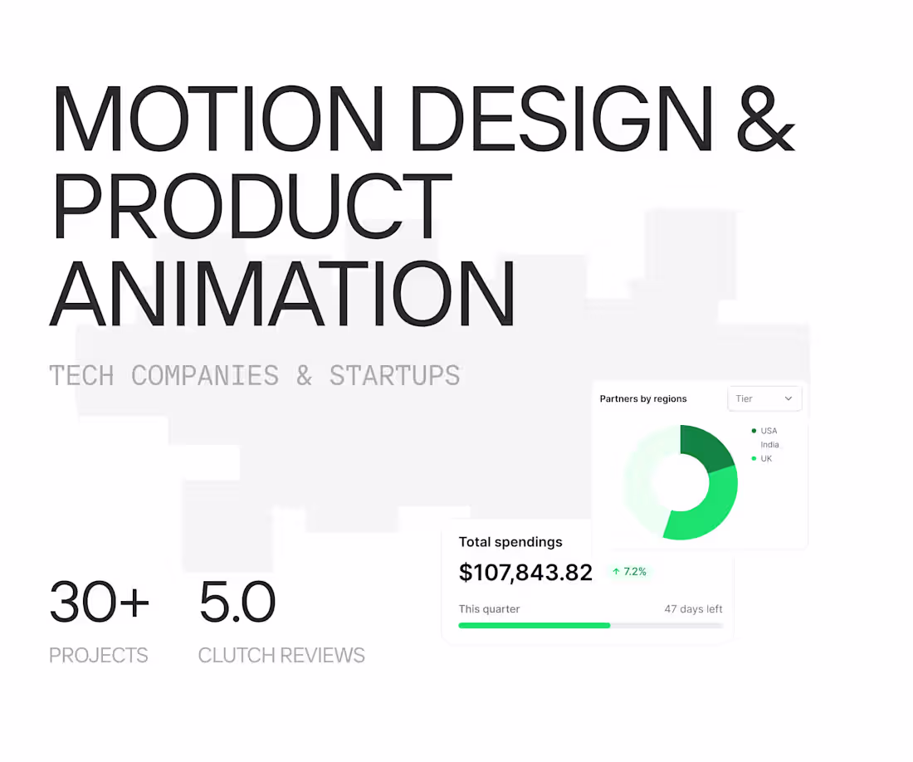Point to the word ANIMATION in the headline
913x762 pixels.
pyautogui.click(x=282, y=294)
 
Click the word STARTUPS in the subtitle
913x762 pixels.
pyautogui.click(x=394, y=375)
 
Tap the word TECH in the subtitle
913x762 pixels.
pyautogui.click(x=81, y=375)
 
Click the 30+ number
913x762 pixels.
pyautogui.click(x=99, y=602)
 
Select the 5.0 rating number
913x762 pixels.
pyautogui.click(x=237, y=602)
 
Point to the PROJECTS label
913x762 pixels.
pyautogui.click(x=98, y=655)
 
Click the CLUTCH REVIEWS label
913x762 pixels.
pyautogui.click(x=281, y=655)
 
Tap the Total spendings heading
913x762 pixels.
pyautogui.click(x=510, y=542)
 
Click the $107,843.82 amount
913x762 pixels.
pyautogui.click(x=525, y=572)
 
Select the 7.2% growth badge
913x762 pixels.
pyautogui.click(x=629, y=572)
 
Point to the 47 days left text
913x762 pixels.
pyautogui.click(x=693, y=608)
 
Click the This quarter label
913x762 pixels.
pyautogui.click(x=489, y=608)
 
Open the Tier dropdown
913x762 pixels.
pyautogui.click(x=764, y=398)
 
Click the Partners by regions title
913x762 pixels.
pyautogui.click(x=643, y=398)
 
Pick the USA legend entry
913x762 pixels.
pyautogui.click(x=768, y=431)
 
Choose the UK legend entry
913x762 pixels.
pyautogui.click(x=765, y=458)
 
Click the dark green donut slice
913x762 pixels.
pyautogui.click(x=705, y=447)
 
